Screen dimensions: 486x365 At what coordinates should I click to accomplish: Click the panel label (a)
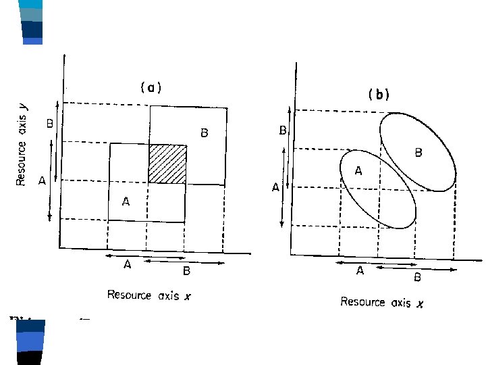pos(151,87)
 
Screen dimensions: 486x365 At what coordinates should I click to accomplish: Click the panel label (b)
pos(379,95)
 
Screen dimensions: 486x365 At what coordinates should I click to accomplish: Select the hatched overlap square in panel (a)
pos(167,164)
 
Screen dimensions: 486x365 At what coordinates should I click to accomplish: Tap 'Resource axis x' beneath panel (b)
pos(381,302)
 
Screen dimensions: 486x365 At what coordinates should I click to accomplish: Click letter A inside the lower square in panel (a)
pos(126,201)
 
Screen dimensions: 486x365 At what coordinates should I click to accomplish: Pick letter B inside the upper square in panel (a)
pos(203,133)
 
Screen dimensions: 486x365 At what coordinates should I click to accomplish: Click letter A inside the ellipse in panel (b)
pos(358,172)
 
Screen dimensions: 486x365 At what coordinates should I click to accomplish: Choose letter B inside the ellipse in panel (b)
pos(418,153)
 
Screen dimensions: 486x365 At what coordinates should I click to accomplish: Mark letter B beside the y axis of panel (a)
pos(49,124)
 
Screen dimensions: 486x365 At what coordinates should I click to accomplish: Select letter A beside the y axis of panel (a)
pos(42,180)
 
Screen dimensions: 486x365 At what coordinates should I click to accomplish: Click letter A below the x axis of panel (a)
pos(127,265)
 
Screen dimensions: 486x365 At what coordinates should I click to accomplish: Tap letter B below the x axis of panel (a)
pos(187,271)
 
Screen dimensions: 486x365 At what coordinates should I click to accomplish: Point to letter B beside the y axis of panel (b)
pos(283,130)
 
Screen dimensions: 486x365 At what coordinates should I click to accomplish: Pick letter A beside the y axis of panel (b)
pos(275,187)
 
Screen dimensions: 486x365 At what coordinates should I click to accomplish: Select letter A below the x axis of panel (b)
pos(360,271)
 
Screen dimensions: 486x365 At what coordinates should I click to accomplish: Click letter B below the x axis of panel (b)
pos(417,277)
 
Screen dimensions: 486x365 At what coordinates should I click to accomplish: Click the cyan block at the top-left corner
pos(32,4)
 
